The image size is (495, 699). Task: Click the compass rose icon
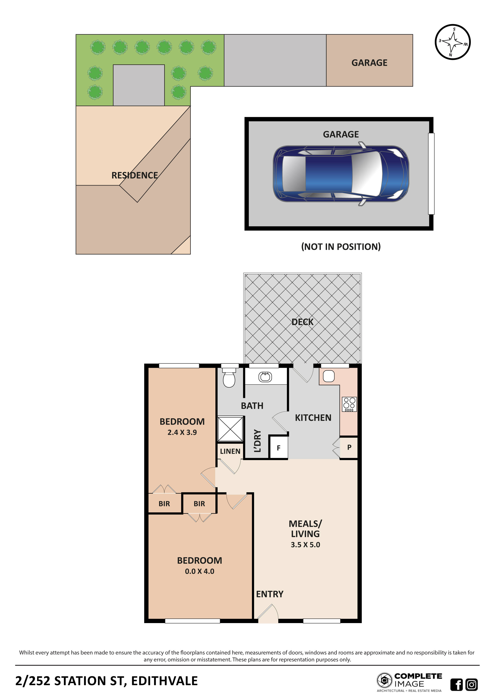pos(453,42)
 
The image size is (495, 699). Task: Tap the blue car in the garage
pos(341,174)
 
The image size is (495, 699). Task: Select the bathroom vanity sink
pos(265,377)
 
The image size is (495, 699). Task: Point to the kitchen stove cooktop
pos(349,404)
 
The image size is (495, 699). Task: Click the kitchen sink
pos(329,376)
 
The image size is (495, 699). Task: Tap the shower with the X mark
pos(230,429)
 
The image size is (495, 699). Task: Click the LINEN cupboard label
pos(230,451)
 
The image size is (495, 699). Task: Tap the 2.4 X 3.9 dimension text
pos(182,432)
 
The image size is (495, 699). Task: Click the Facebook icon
pos(456,685)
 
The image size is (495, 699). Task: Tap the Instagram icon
pos(471,685)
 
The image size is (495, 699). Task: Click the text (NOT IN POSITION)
pos(341,247)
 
